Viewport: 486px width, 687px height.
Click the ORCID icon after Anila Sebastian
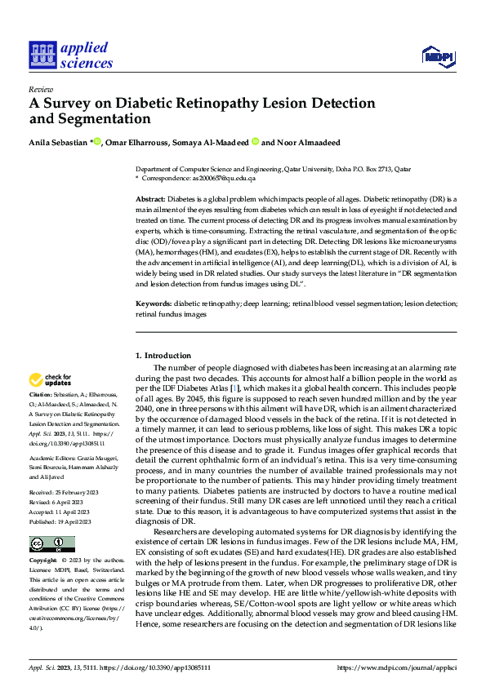pos(97,142)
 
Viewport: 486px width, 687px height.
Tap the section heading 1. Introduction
pos(163,356)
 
